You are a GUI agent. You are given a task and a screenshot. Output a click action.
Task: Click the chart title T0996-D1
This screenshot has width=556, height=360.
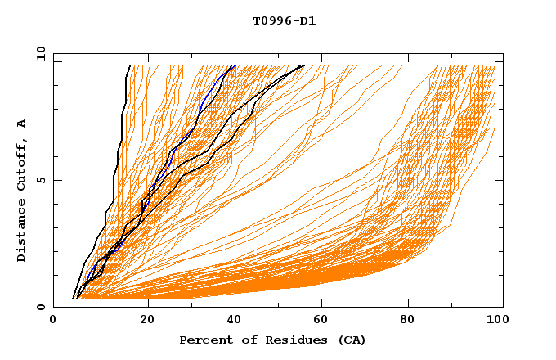284,20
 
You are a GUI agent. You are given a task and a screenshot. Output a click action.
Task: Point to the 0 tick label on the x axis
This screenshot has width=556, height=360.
53,321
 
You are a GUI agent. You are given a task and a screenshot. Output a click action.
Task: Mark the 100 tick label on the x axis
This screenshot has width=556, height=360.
496,321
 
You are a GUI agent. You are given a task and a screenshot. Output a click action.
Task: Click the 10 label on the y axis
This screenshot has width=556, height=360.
40,53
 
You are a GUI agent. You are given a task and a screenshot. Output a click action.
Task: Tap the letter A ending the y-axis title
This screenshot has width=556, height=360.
22,123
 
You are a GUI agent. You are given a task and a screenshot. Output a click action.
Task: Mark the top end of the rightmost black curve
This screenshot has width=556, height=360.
303,65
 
